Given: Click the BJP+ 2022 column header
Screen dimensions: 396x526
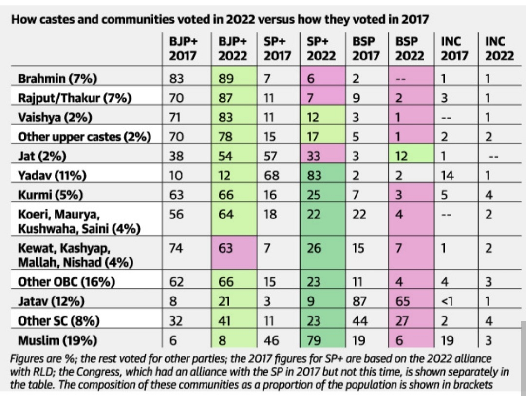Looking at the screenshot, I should pos(233,49).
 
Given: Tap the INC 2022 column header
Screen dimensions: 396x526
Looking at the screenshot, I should pos(499,49).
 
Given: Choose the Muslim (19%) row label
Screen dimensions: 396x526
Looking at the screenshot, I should pos(57,340).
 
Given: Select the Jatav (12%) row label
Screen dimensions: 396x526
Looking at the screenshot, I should pos(51,301).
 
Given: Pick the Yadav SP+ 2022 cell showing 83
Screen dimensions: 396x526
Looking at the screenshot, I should pos(314,176).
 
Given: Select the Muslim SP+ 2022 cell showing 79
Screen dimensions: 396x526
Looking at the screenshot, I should pos(314,340).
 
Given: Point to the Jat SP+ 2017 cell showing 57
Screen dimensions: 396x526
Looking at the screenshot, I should pos(271,156).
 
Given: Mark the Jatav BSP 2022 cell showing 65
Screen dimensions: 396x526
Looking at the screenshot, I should pos(403,301).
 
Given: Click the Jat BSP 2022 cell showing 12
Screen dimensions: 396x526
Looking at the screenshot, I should pos(403,156).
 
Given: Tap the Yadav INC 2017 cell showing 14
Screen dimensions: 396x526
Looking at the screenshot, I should pos(447,176).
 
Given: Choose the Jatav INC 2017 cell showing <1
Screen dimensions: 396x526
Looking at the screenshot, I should pos(447,301).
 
